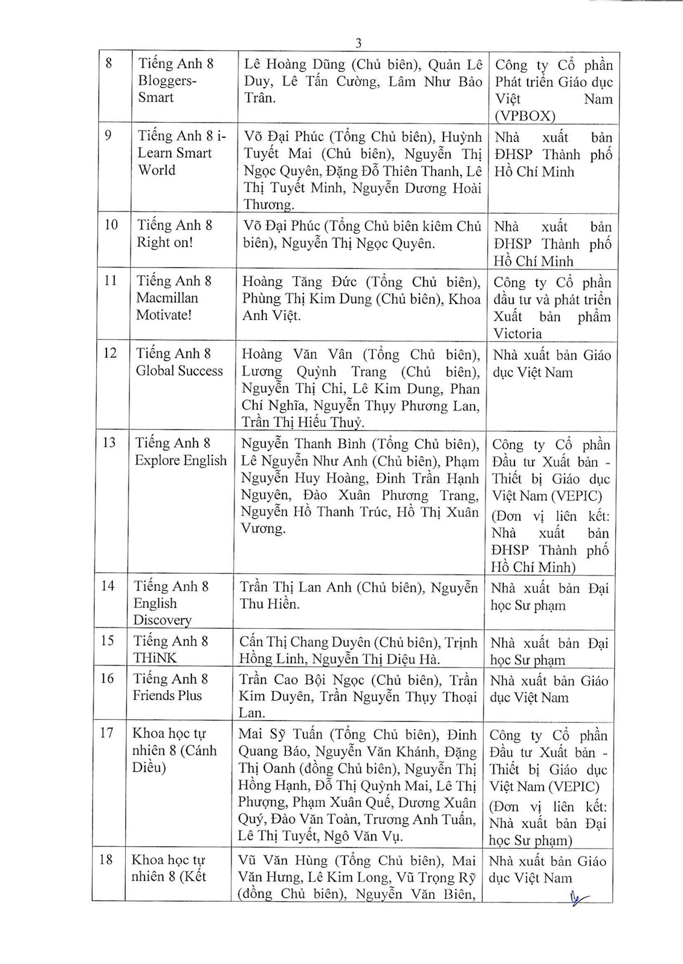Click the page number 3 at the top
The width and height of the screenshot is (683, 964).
click(x=359, y=43)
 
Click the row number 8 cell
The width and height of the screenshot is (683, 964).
click(x=109, y=63)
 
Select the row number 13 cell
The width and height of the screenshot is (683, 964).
click(x=109, y=443)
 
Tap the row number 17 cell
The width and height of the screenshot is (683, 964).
click(x=107, y=733)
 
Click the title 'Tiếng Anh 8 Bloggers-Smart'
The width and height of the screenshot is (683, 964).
click(x=175, y=80)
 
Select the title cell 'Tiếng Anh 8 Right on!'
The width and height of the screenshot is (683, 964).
click(x=175, y=234)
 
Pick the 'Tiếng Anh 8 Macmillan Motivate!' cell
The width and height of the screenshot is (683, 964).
click(x=174, y=298)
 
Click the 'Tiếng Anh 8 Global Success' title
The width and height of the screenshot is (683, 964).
click(x=179, y=362)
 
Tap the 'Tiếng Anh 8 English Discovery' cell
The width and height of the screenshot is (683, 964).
click(x=171, y=602)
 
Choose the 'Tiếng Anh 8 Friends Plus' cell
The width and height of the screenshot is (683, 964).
click(x=170, y=687)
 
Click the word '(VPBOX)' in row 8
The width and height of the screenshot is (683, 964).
click(x=524, y=116)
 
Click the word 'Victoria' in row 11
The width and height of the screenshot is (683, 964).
click(x=517, y=333)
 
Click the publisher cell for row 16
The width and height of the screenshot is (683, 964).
click(x=548, y=689)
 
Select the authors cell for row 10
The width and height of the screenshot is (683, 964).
click(x=361, y=235)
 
